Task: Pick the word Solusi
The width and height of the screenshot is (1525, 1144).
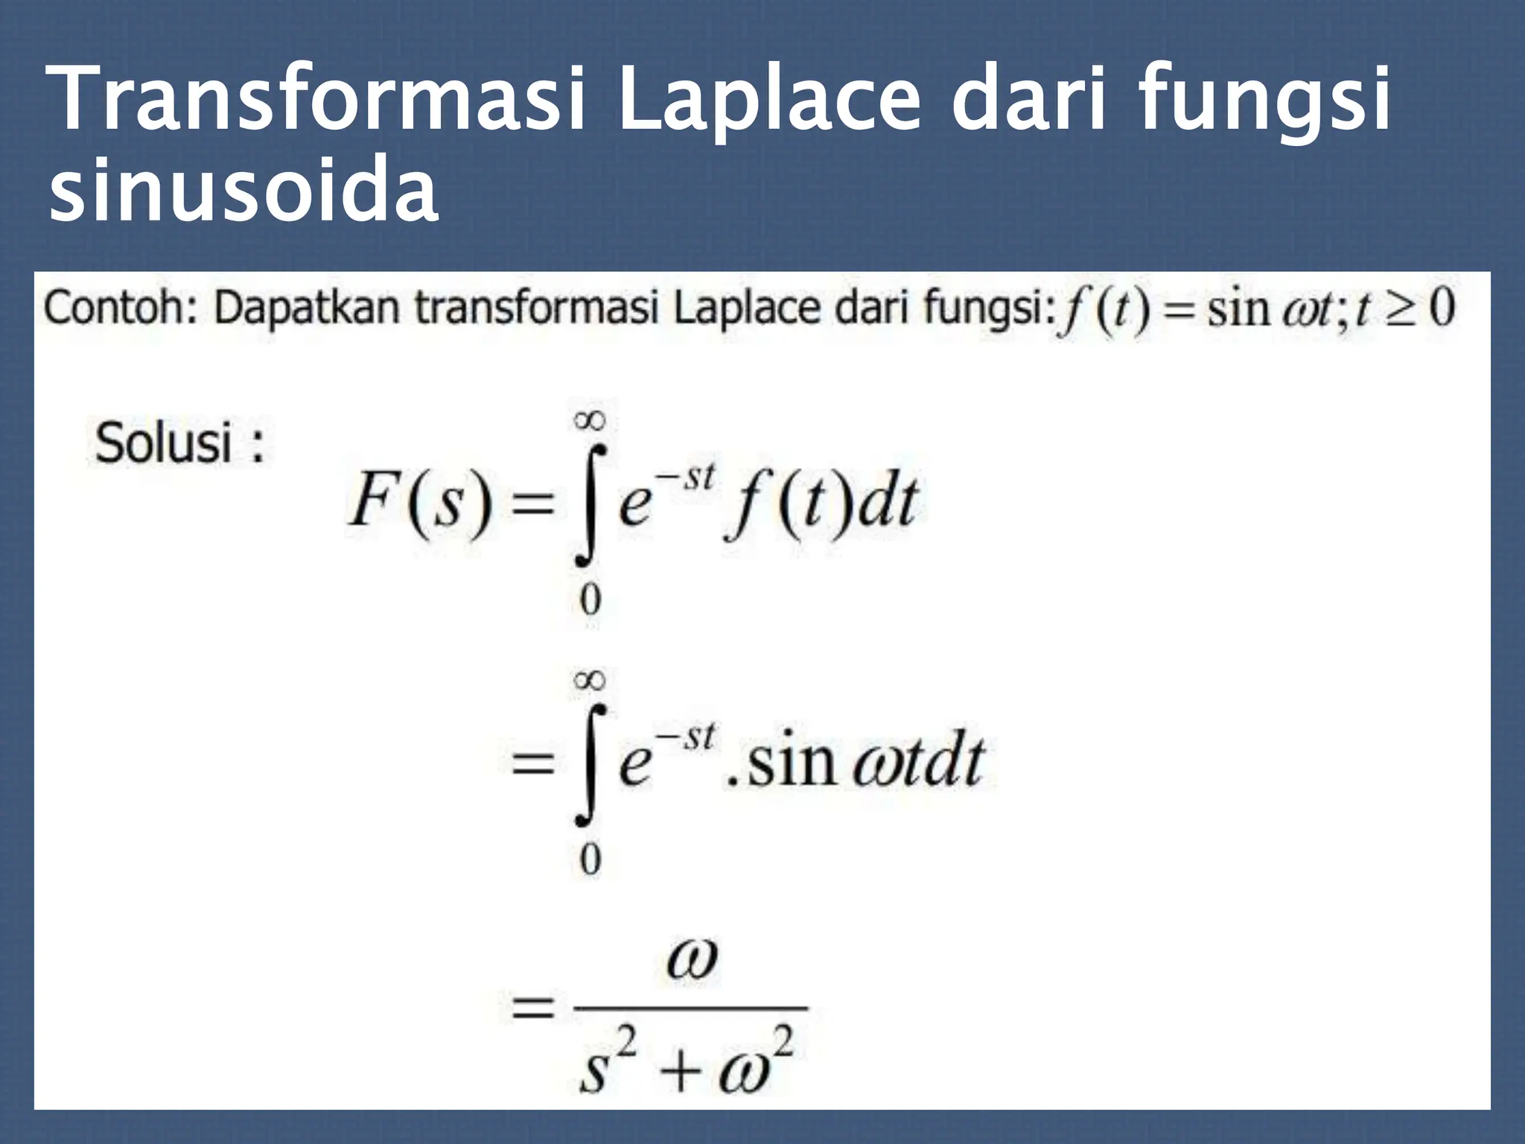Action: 164,445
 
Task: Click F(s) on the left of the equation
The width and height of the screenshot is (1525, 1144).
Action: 419,500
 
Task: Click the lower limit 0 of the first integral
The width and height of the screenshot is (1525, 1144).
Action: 590,600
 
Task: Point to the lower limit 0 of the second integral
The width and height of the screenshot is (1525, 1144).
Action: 590,860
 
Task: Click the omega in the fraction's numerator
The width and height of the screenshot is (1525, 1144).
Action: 692,961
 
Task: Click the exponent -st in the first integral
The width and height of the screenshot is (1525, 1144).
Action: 687,477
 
